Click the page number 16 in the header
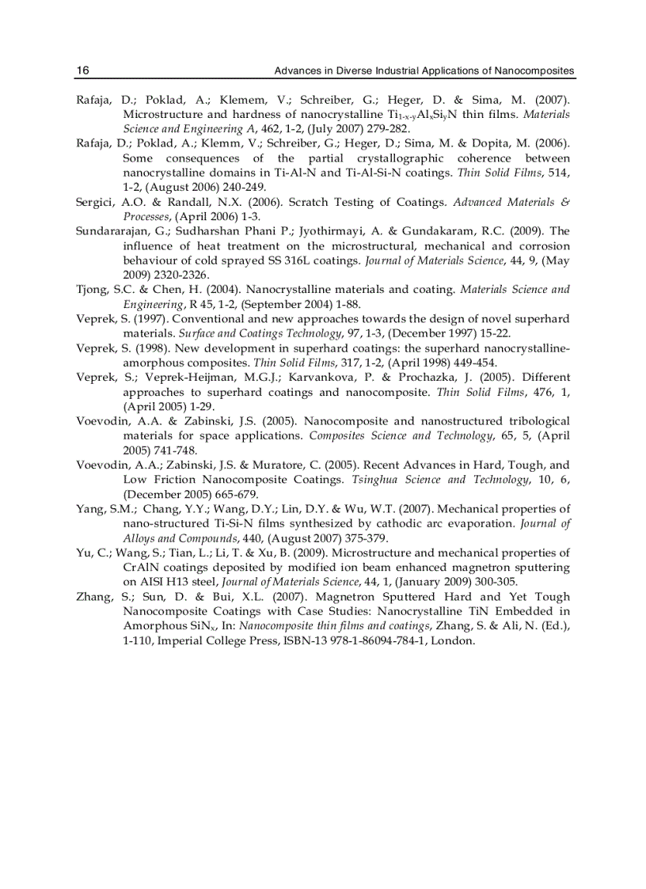point(82,71)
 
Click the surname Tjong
point(91,290)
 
